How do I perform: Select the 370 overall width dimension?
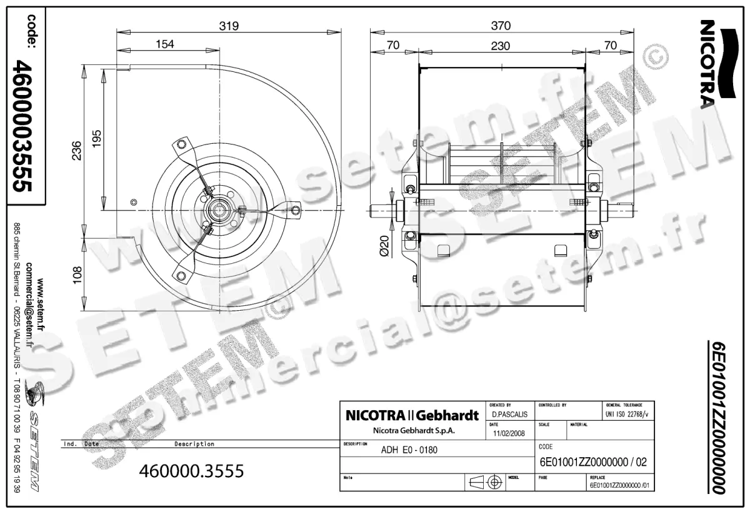tap(501, 26)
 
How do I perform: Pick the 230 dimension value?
tap(501, 46)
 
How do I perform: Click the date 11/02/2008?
tap(509, 433)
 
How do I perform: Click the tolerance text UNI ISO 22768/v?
tap(627, 414)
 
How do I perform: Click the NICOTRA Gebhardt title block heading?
tap(412, 415)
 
